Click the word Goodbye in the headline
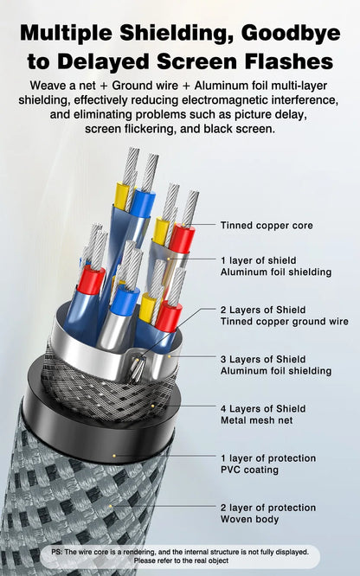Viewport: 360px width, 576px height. [x=291, y=34]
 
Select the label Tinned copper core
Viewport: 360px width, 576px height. [x=267, y=225]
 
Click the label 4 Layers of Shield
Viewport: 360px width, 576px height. [x=263, y=408]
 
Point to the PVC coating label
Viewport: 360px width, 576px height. [x=249, y=470]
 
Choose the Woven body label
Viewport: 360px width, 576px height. [x=250, y=519]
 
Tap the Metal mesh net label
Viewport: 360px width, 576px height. [x=257, y=419]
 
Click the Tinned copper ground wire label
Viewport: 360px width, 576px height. [x=284, y=322]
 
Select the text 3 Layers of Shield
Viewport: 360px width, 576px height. [x=263, y=359]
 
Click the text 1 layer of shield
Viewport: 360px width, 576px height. [x=258, y=260]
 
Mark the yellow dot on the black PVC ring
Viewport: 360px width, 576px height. [x=114, y=456]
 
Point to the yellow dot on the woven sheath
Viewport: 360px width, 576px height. [x=110, y=506]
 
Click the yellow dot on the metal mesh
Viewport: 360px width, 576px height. [x=152, y=406]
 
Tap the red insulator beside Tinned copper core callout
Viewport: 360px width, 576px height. [x=182, y=239]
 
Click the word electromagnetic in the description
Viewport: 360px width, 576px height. [x=226, y=100]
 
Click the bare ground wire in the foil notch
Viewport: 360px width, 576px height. [x=137, y=369]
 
